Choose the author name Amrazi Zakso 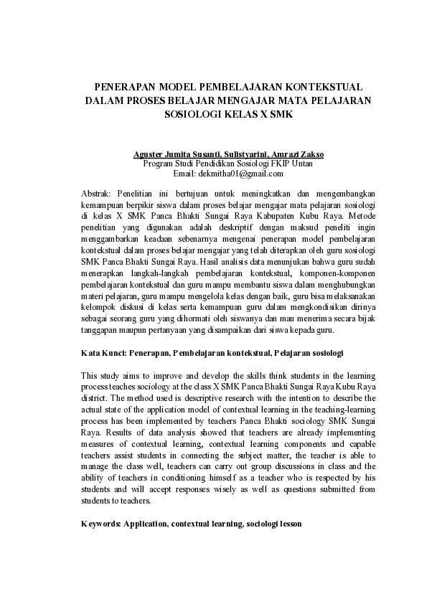tap(298, 154)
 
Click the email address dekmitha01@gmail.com tap(238, 174)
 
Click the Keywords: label tap(100, 524)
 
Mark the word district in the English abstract tap(95, 398)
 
